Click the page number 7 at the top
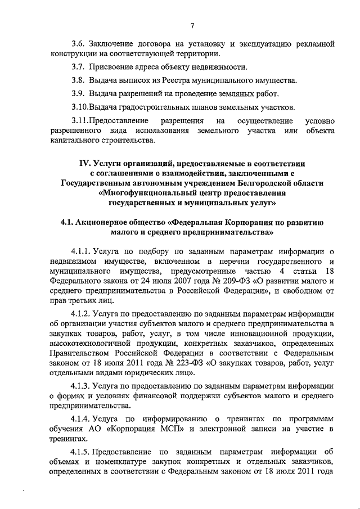[191, 25]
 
